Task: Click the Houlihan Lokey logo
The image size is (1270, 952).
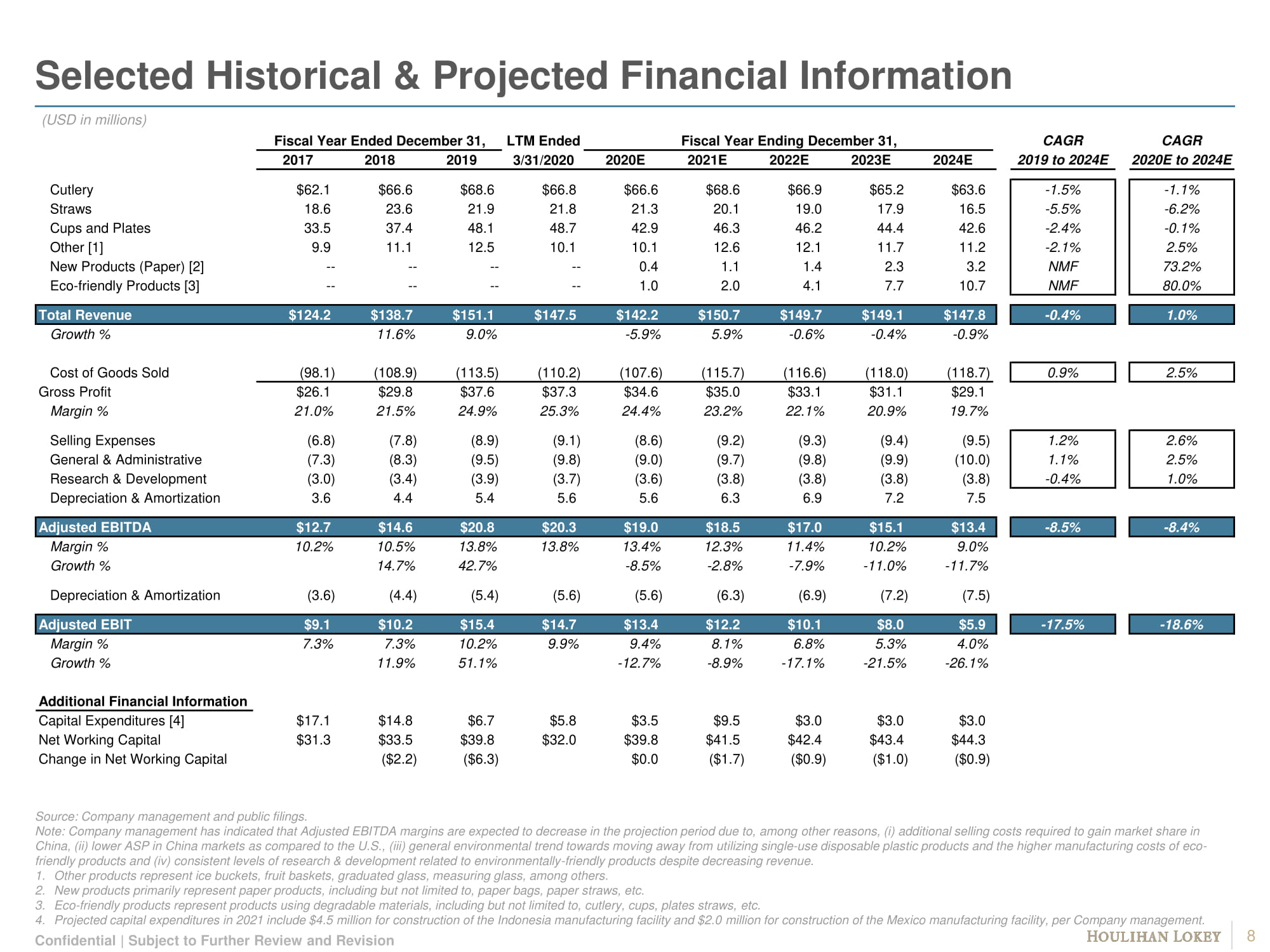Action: (1153, 937)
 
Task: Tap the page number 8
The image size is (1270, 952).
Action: (1251, 936)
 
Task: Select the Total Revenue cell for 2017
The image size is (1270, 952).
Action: (309, 315)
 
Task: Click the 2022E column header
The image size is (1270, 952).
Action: (789, 160)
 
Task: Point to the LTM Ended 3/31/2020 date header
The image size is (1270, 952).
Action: (543, 160)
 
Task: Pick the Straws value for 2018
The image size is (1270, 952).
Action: (399, 209)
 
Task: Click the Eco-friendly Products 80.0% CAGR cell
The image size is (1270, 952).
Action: (1181, 286)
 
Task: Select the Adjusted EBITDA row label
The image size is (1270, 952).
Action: (95, 527)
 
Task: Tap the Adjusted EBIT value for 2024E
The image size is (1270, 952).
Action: (972, 625)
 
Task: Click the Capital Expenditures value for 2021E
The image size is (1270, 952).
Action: (726, 720)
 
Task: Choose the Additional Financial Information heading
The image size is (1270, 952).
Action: (143, 701)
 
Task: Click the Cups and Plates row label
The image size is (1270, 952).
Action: (100, 228)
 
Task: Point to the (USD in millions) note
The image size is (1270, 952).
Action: (94, 120)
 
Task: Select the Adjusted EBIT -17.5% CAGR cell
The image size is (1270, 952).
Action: (1062, 625)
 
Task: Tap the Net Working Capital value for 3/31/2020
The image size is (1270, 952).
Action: (559, 739)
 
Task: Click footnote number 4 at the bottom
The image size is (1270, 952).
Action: (40, 920)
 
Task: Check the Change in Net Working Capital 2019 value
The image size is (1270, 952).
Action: (481, 759)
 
